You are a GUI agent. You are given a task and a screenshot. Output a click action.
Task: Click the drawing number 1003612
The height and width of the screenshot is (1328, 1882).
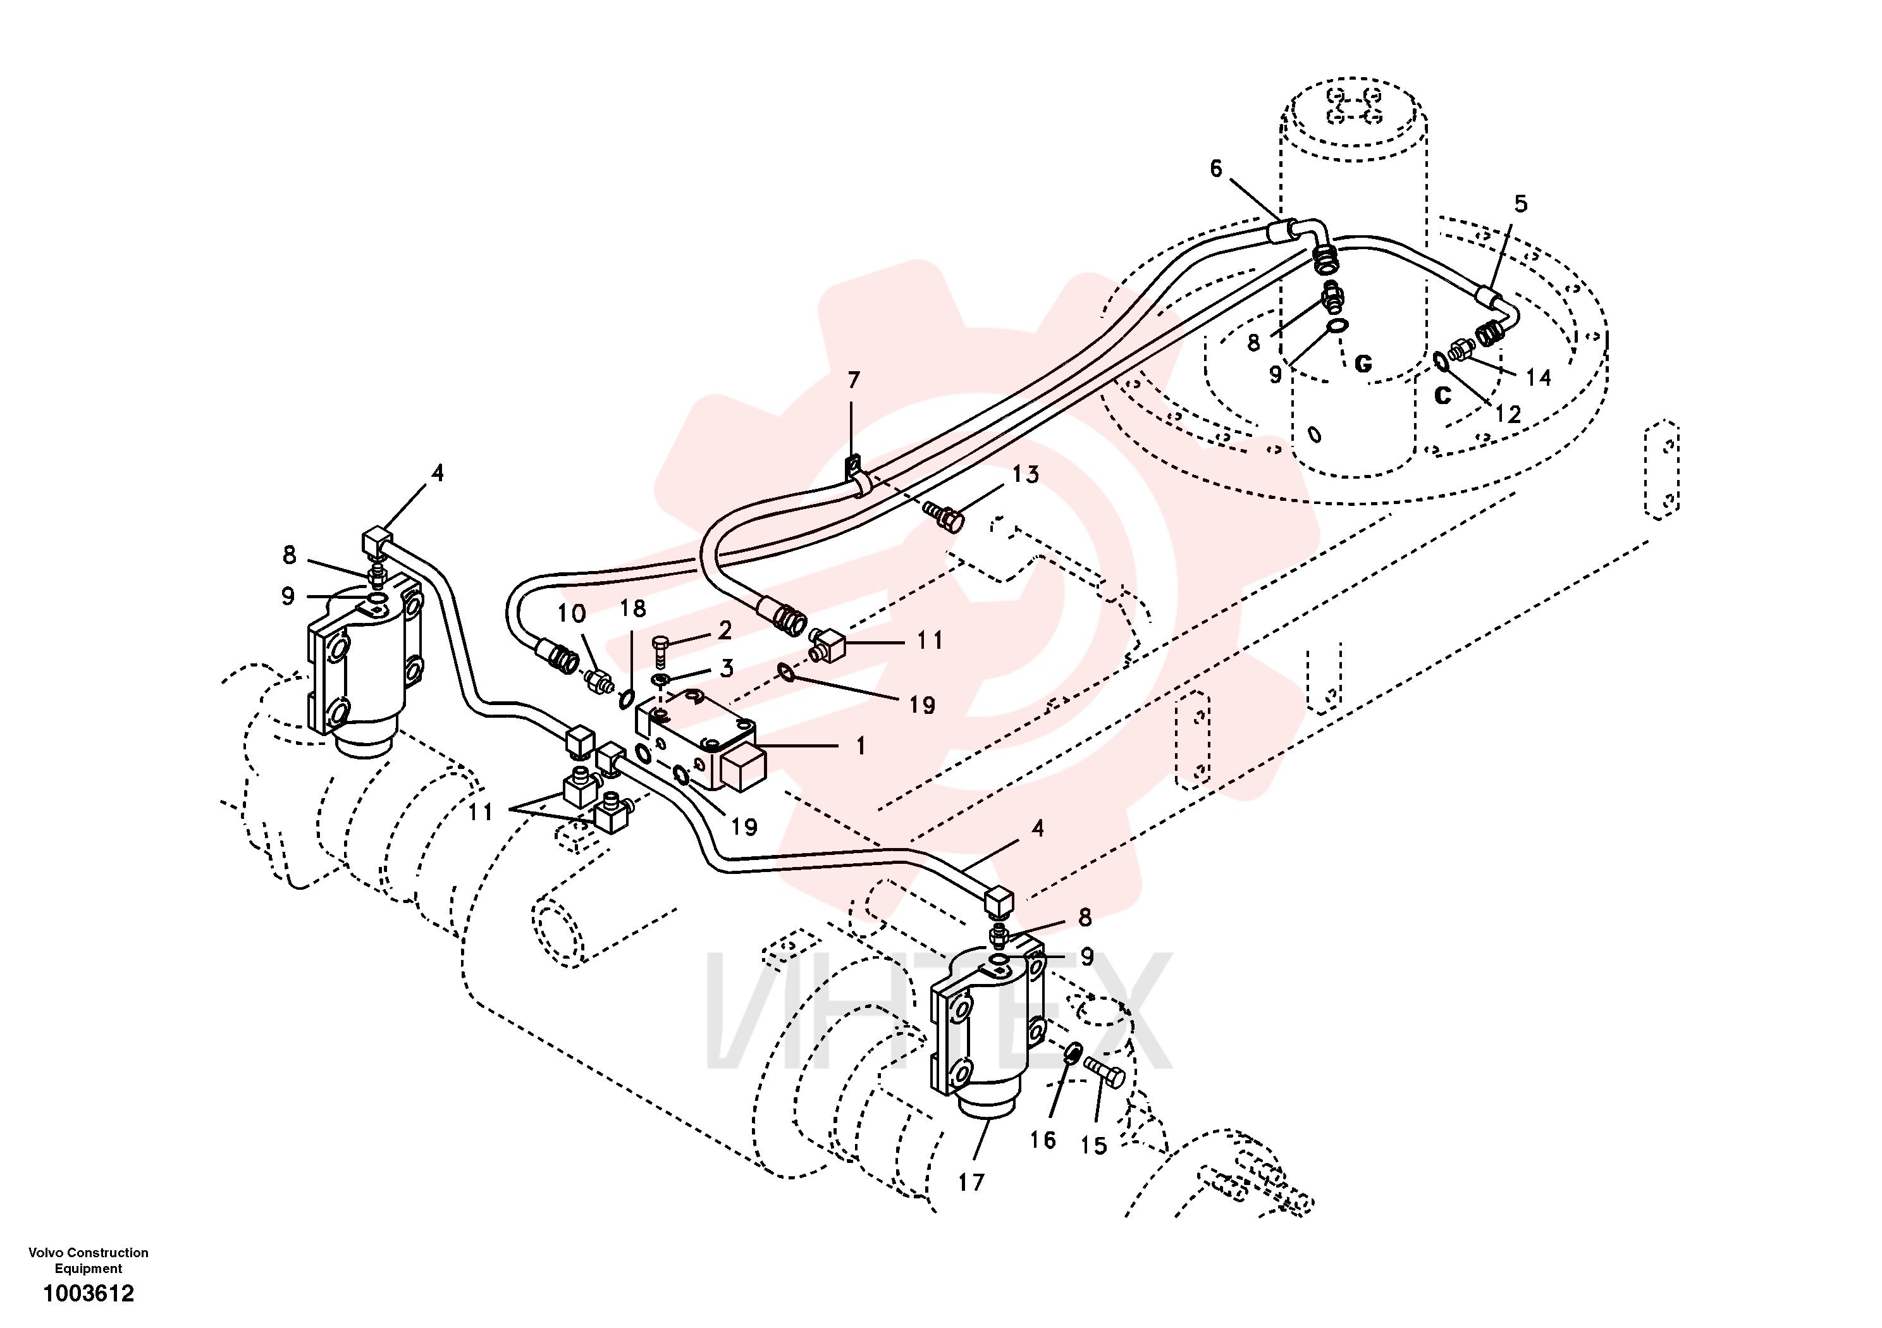point(89,1294)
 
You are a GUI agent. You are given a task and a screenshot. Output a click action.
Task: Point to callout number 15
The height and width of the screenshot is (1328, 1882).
point(1093,1145)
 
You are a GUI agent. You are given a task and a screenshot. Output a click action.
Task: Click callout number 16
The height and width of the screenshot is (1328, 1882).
point(1043,1140)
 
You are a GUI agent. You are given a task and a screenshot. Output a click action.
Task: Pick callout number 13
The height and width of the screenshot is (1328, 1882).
point(1026,474)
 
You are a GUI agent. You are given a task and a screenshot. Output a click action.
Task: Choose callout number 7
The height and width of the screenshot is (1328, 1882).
point(854,380)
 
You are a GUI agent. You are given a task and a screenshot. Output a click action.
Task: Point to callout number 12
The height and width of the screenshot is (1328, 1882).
point(1508,414)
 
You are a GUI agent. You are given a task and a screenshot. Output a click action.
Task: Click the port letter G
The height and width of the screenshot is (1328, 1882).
point(1363,364)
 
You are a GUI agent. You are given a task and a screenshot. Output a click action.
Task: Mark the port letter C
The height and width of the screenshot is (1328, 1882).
point(1442,395)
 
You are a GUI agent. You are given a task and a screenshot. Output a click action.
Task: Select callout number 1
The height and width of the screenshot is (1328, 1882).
point(861,746)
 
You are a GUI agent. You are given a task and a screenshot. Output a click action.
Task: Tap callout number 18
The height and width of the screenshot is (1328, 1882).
point(633,608)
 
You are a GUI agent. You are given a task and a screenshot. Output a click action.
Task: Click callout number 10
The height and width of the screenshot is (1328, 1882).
point(571,613)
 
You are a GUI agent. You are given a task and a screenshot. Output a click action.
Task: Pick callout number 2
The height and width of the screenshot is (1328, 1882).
point(725,630)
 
